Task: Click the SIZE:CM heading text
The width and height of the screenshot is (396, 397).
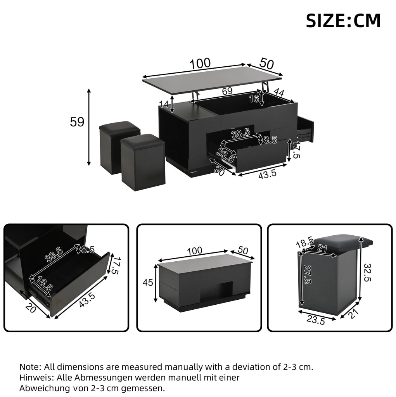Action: click(x=343, y=21)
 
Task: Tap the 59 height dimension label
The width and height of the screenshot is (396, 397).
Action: click(x=77, y=122)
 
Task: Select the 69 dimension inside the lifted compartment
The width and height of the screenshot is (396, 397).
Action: click(x=227, y=91)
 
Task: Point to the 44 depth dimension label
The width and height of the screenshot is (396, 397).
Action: click(x=279, y=93)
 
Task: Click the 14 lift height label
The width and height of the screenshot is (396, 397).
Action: click(x=164, y=104)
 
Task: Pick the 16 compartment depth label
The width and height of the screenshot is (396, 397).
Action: click(x=254, y=99)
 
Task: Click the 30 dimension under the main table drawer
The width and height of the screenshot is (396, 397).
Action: click(x=219, y=171)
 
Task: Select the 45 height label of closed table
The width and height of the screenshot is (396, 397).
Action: click(x=148, y=282)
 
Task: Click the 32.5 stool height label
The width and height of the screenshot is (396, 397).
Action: click(x=368, y=273)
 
